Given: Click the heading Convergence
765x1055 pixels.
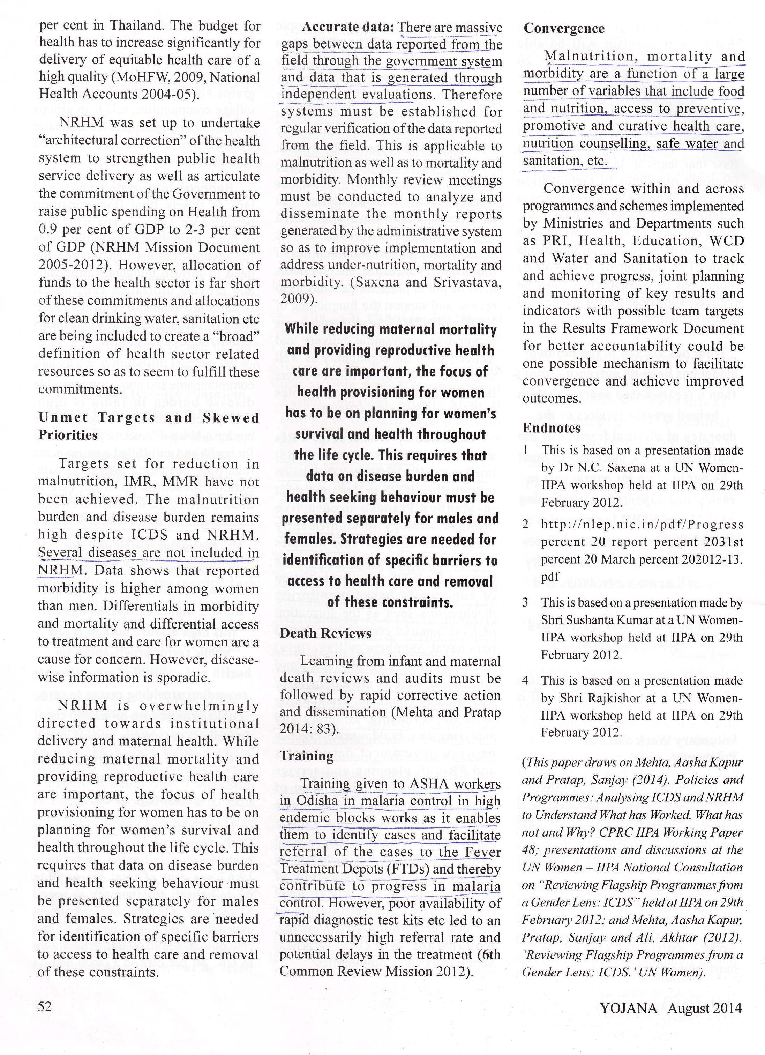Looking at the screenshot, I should point(564,28).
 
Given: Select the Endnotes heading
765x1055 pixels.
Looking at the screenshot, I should point(552,428).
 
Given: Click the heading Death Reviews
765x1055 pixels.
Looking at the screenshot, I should point(325,633).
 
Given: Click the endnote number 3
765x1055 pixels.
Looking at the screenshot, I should point(525,602).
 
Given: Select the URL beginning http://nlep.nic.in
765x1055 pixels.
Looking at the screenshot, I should point(642,524).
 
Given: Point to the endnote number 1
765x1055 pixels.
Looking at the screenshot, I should point(525,450).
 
